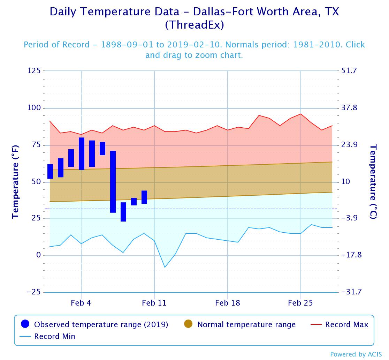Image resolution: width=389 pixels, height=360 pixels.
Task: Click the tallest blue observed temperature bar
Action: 113,181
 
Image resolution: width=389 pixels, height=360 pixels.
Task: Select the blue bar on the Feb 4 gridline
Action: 82,153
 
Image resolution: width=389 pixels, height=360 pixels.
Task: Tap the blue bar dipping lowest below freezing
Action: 123,212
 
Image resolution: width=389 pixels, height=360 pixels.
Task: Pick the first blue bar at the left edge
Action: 50,171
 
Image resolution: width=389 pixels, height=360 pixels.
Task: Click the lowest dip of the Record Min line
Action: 165,267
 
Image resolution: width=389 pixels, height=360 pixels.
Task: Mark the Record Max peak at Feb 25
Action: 301,114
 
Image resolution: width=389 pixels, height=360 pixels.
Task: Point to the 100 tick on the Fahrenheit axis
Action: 34,108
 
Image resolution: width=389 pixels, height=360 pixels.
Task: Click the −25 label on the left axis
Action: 33,292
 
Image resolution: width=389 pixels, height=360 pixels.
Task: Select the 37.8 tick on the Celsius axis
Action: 349,108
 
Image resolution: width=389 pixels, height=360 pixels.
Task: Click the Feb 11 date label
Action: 154,303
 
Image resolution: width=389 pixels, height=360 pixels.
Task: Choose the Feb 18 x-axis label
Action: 228,303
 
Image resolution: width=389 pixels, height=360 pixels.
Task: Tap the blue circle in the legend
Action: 25,324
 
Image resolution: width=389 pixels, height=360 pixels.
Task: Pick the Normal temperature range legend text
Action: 246,324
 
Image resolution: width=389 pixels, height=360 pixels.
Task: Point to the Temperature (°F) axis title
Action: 15,181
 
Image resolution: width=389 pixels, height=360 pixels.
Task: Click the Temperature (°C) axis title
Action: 373,181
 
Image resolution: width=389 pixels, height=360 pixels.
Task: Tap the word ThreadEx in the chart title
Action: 194,25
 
